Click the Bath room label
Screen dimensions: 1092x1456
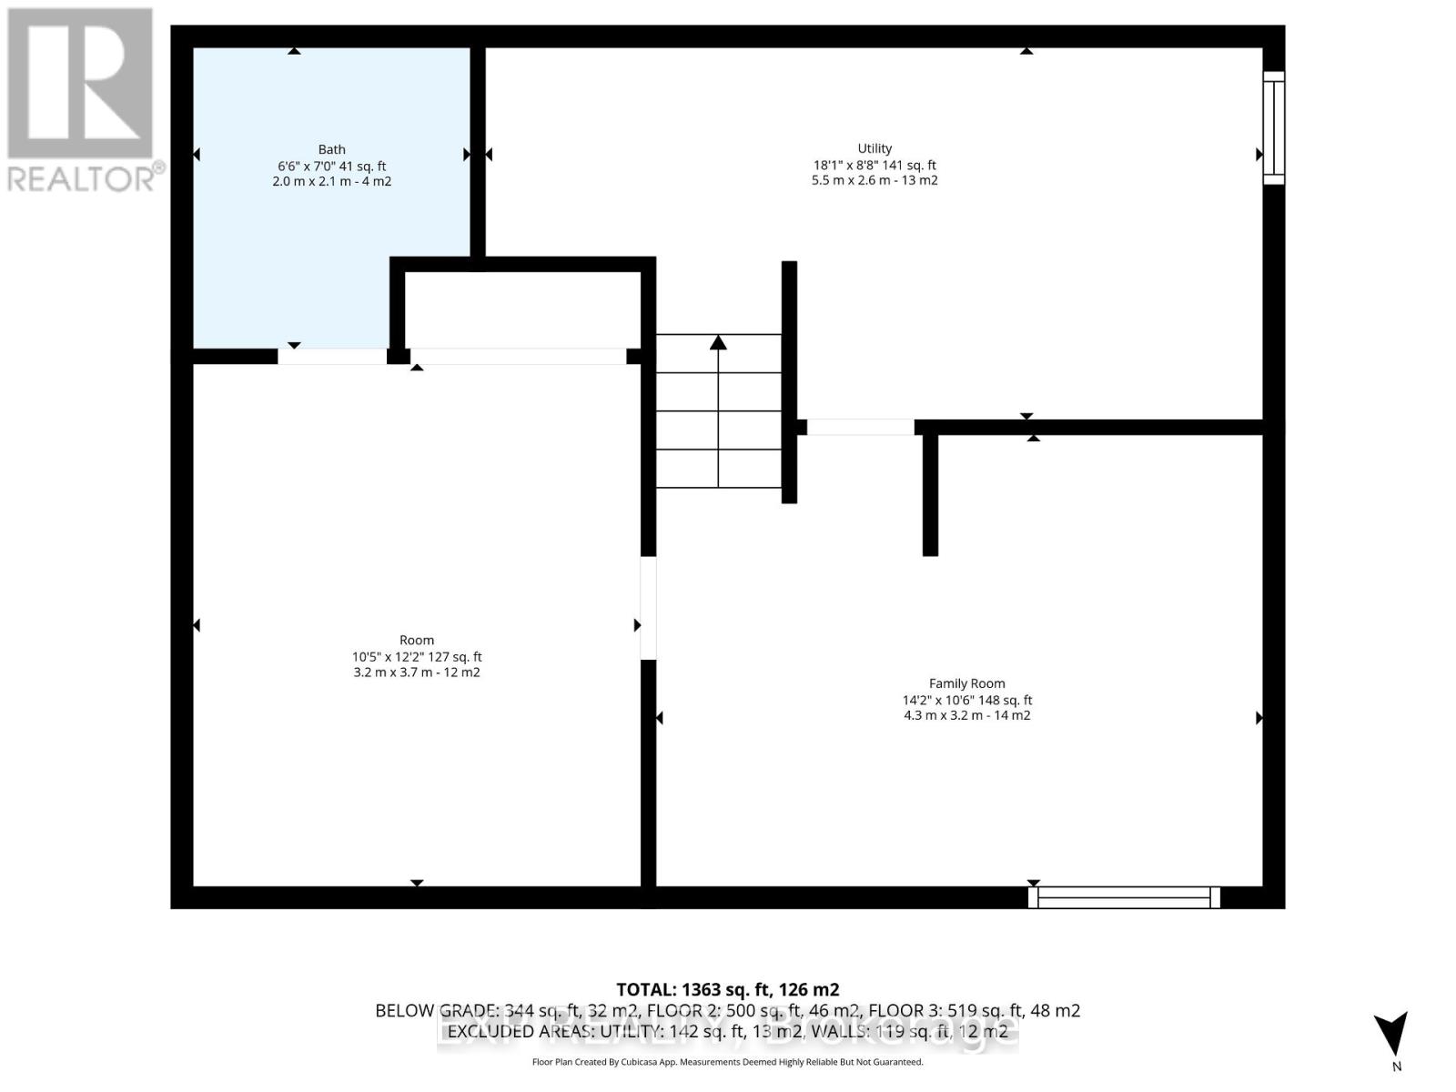pyautogui.click(x=331, y=149)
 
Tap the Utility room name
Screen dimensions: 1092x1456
pyautogui.click(x=875, y=148)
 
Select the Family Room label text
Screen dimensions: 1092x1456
pyautogui.click(x=966, y=683)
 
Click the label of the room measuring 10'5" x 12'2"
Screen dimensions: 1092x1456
pyautogui.click(x=417, y=640)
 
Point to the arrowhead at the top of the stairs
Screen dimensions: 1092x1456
pyautogui.click(x=718, y=342)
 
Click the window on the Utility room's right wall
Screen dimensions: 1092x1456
pyautogui.click(x=1274, y=128)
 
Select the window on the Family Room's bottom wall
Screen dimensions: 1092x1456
pyautogui.click(x=1124, y=897)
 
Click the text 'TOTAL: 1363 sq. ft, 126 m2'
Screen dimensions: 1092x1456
pyautogui.click(x=727, y=989)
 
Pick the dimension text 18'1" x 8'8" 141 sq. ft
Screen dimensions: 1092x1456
pyautogui.click(x=875, y=165)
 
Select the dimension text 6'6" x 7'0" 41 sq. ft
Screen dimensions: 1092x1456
pyautogui.click(x=331, y=166)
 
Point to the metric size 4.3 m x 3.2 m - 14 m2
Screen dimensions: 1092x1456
pyautogui.click(x=966, y=715)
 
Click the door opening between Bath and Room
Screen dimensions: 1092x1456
pyautogui.click(x=332, y=356)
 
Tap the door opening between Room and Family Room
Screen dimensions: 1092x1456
pyautogui.click(x=648, y=608)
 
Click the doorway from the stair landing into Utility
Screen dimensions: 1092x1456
pyautogui.click(x=860, y=427)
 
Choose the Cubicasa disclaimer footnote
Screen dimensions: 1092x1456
pyautogui.click(x=727, y=1062)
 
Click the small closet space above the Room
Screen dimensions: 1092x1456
pyautogui.click(x=523, y=309)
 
